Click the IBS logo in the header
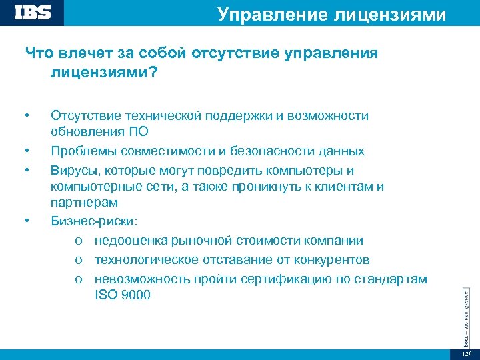32,13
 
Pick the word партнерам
84,202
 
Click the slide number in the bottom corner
466,353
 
